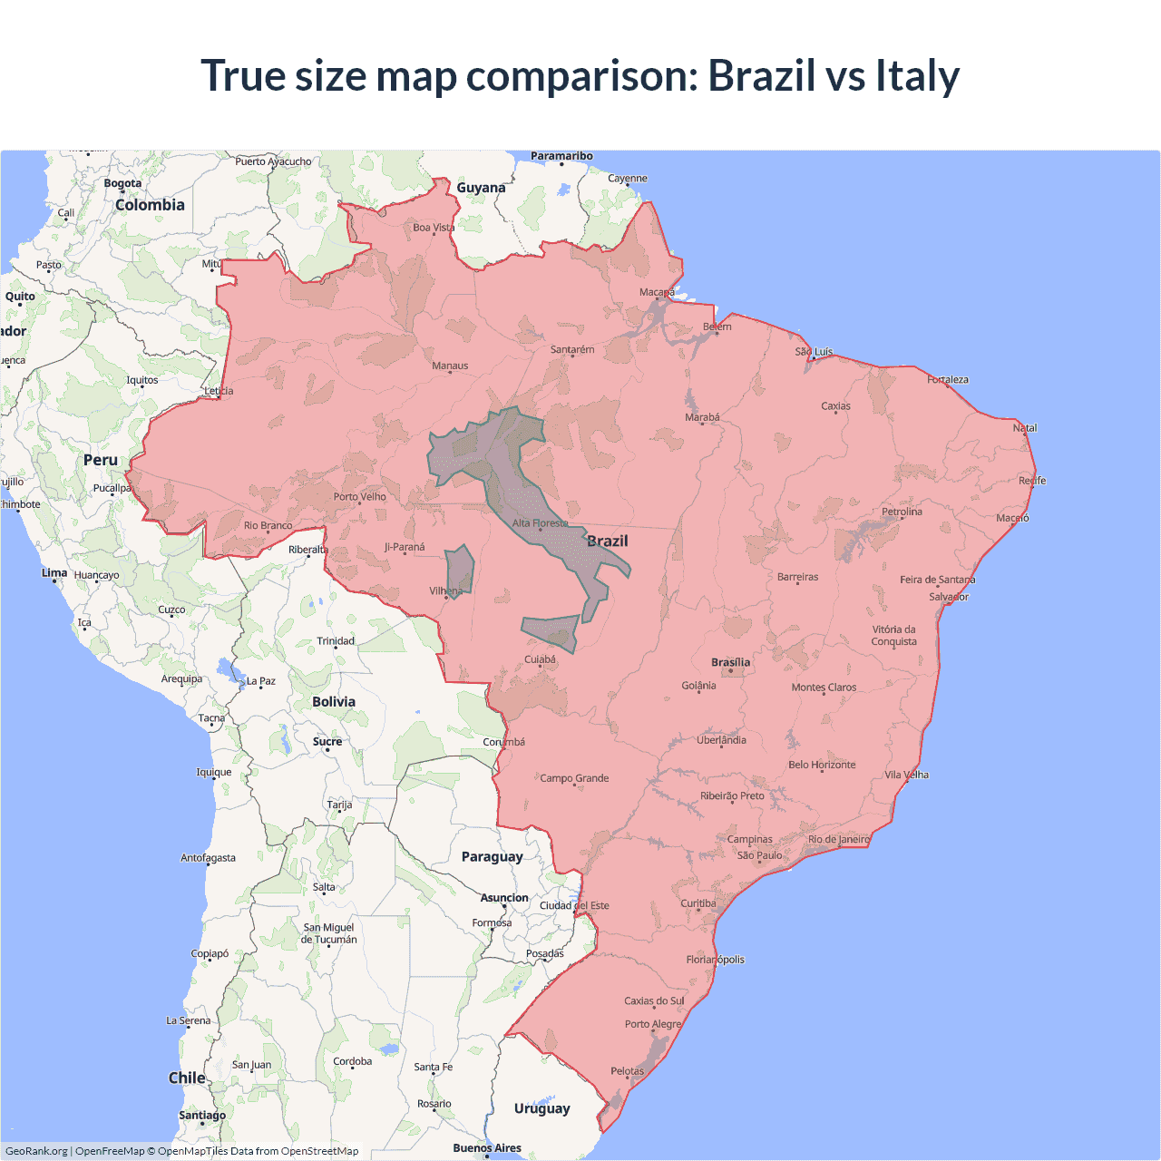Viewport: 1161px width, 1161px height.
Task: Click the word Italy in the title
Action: [917, 75]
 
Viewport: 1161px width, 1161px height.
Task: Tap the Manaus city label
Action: [450, 366]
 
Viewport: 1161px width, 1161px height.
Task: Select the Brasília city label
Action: [731, 663]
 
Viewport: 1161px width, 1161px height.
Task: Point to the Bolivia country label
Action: [334, 702]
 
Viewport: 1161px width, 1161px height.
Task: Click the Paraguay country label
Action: [492, 857]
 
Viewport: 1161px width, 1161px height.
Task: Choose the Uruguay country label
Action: [541, 1108]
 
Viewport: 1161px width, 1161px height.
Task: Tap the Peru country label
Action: [101, 461]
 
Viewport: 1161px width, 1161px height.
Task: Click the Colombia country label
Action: [150, 205]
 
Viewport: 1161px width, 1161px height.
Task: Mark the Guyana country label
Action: [481, 188]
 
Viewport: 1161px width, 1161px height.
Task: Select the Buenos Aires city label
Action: [487, 1148]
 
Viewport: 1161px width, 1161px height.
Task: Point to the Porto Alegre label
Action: [652, 1025]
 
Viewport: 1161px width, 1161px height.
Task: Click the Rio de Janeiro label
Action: [838, 840]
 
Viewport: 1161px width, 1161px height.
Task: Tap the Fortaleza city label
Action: [948, 380]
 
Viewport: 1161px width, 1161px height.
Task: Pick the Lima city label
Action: [54, 573]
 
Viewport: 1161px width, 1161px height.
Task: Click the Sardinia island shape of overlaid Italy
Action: [460, 571]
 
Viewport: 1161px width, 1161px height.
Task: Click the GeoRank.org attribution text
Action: [36, 1151]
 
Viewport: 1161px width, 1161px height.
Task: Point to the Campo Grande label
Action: [574, 778]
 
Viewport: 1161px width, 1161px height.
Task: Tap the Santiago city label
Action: [202, 1116]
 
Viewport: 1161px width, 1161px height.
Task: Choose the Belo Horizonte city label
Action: [822, 765]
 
